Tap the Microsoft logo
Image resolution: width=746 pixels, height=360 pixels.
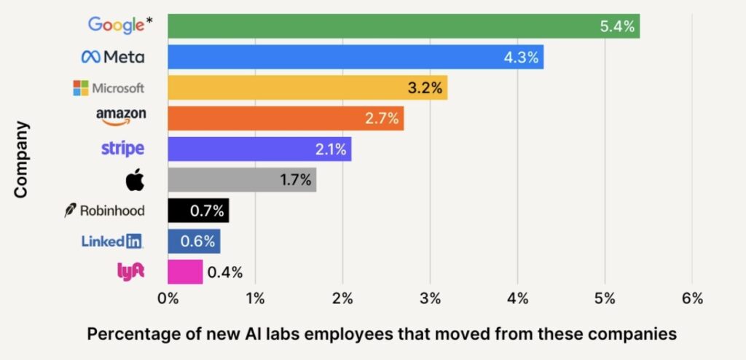coord(109,88)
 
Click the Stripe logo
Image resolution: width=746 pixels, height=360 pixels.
coord(122,149)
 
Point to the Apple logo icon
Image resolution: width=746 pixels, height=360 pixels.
coord(135,180)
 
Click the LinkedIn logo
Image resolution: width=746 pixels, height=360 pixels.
coord(112,241)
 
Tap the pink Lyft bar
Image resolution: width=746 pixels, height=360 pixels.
coord(184,272)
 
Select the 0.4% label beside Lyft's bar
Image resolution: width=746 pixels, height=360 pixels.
coord(225,273)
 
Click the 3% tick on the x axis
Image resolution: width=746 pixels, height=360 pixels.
coord(430,298)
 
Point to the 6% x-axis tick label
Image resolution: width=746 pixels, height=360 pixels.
coord(692,298)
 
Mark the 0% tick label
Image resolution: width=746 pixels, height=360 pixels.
coord(168,298)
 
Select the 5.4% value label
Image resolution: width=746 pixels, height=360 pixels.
coord(618,27)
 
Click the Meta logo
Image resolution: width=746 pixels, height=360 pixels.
coord(113,57)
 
